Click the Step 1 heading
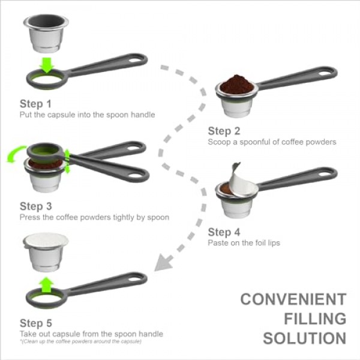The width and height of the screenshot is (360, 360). click(35, 104)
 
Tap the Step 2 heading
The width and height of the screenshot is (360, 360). click(224, 131)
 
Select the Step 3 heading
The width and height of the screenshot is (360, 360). click(35, 206)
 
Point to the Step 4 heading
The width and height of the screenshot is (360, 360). click(224, 232)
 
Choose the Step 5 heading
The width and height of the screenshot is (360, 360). click(35, 322)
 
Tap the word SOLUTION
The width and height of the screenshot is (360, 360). click(305, 337)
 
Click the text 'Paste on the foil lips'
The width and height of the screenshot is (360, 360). click(243, 243)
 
